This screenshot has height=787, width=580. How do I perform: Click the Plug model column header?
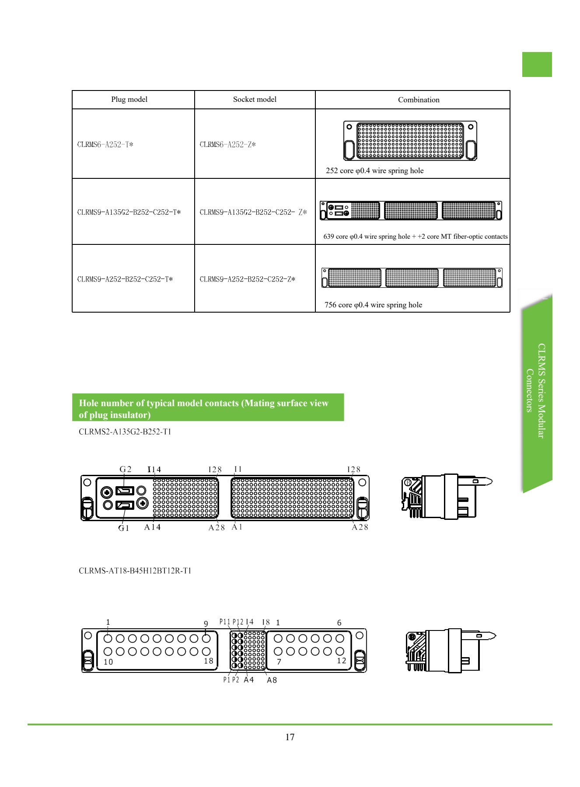pyautogui.click(x=129, y=99)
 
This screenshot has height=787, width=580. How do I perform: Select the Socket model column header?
pyautogui.click(x=255, y=99)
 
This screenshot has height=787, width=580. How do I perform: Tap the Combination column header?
pyautogui.click(x=419, y=100)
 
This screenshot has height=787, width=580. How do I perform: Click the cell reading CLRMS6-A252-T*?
pyautogui.click(x=105, y=144)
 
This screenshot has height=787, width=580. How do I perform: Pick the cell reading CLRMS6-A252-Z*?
pyautogui.click(x=228, y=144)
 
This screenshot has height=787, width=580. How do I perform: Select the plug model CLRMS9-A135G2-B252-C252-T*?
pyautogui.click(x=129, y=212)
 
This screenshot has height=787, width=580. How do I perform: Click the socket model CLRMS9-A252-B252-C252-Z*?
pyautogui.click(x=248, y=279)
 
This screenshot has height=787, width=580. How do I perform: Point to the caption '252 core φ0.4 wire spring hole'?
pyautogui.click(x=375, y=171)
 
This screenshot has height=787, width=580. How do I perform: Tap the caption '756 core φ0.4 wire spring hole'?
pyautogui.click(x=374, y=305)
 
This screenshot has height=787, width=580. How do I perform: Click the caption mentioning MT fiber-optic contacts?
pyautogui.click(x=416, y=237)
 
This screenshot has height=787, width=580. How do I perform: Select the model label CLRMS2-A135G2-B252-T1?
pyautogui.click(x=125, y=432)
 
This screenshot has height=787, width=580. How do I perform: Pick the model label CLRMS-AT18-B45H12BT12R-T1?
pyautogui.click(x=135, y=571)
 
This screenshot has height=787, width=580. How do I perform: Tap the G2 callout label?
pyautogui.click(x=126, y=469)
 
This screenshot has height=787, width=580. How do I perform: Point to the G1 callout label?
pyautogui.click(x=124, y=528)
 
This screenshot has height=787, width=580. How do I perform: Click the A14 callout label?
pyautogui.click(x=152, y=527)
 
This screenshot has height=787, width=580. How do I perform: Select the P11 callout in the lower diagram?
pyautogui.click(x=224, y=622)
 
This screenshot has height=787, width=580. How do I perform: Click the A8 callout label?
pyautogui.click(x=272, y=680)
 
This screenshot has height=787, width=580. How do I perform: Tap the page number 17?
pyautogui.click(x=290, y=737)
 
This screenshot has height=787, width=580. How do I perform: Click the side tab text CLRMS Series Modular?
pyautogui.click(x=542, y=391)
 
